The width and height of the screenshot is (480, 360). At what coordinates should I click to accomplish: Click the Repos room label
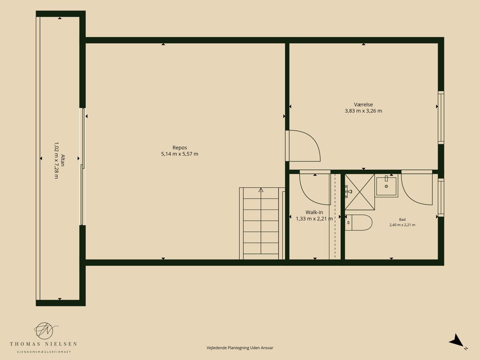point(180,148)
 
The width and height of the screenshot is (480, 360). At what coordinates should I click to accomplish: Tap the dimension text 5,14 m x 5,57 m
point(180,154)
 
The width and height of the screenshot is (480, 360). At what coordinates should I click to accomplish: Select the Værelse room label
point(363,104)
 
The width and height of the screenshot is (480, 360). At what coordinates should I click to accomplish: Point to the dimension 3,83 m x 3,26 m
point(363,111)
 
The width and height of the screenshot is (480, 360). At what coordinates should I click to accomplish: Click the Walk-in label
point(314,212)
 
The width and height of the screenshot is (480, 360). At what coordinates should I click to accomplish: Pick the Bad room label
point(402,220)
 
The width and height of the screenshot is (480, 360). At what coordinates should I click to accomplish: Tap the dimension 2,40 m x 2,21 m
point(402,225)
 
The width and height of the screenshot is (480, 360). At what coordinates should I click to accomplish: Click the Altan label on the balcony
point(63,160)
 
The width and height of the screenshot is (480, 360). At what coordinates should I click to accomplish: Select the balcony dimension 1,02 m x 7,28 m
point(56,160)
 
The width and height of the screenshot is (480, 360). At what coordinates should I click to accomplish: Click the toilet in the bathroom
point(358,222)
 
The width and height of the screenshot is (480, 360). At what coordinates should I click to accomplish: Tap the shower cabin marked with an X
point(360,192)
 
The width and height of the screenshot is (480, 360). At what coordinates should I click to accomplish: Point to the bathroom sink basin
point(386,186)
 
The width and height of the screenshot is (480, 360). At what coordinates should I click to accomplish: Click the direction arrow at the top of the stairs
point(261,190)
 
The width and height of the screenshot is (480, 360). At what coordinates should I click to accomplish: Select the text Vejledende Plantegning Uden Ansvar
point(240,348)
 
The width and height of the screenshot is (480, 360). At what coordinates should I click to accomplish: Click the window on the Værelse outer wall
point(441,118)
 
